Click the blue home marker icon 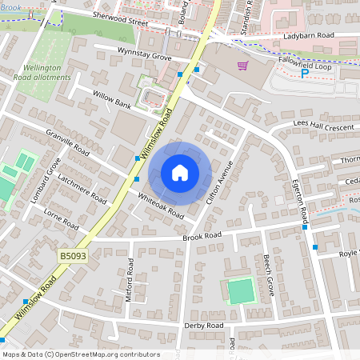[x=180, y=173]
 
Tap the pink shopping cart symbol [x=242, y=65]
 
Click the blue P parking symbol [x=304, y=74]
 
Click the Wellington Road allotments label [x=47, y=73]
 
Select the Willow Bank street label [x=111, y=103]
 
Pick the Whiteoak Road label [x=160, y=206]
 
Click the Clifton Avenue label [x=219, y=181]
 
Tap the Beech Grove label [x=269, y=275]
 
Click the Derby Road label [x=204, y=326]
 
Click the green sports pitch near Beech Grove [x=240, y=290]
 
